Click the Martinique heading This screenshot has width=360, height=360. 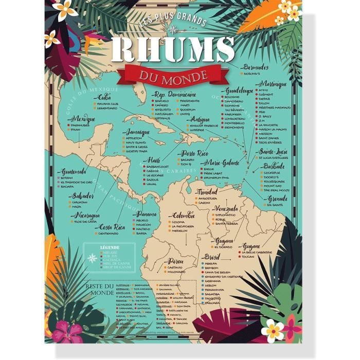tap(270, 84)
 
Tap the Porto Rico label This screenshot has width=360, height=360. tap(193, 153)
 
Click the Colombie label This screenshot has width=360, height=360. tap(183, 215)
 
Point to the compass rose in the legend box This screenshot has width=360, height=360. tap(92, 258)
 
